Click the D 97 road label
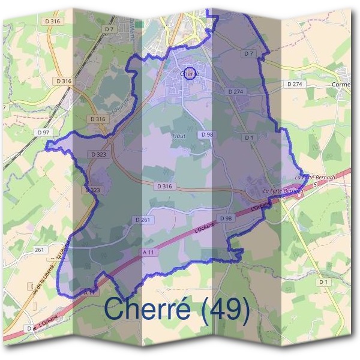42,131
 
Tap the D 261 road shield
143,220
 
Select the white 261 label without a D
40,249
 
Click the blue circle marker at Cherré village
190,73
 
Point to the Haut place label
179,136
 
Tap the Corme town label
342,85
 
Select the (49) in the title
224,308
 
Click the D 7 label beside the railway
109,28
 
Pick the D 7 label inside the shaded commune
249,54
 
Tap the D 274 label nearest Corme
295,85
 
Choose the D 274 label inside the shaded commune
236,91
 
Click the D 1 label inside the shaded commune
249,137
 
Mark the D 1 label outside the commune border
324,281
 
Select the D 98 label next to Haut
208,134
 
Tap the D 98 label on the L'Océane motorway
226,218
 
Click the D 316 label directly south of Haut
164,187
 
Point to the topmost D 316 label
53,21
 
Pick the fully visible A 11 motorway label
149,253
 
